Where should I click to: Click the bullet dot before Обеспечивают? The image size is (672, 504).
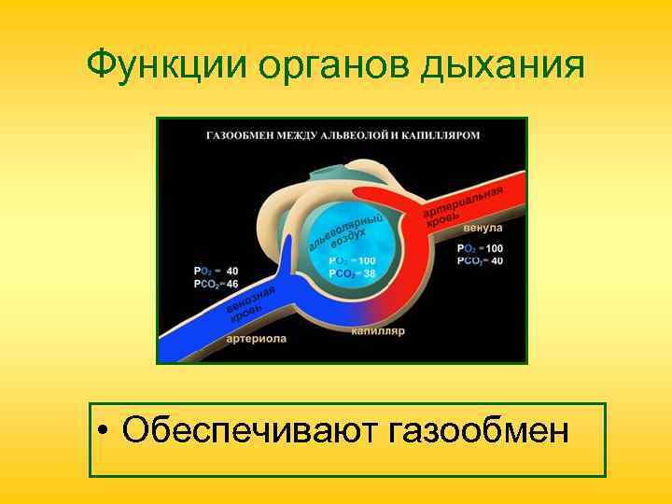(x=108, y=432)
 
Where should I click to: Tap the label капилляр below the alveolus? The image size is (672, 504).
(x=377, y=331)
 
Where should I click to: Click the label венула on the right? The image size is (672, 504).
(x=483, y=228)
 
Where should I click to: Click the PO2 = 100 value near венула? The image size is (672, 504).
(x=480, y=248)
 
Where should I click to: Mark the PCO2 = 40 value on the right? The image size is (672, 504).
(x=480, y=261)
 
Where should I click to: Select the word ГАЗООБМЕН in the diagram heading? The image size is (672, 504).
(x=239, y=135)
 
